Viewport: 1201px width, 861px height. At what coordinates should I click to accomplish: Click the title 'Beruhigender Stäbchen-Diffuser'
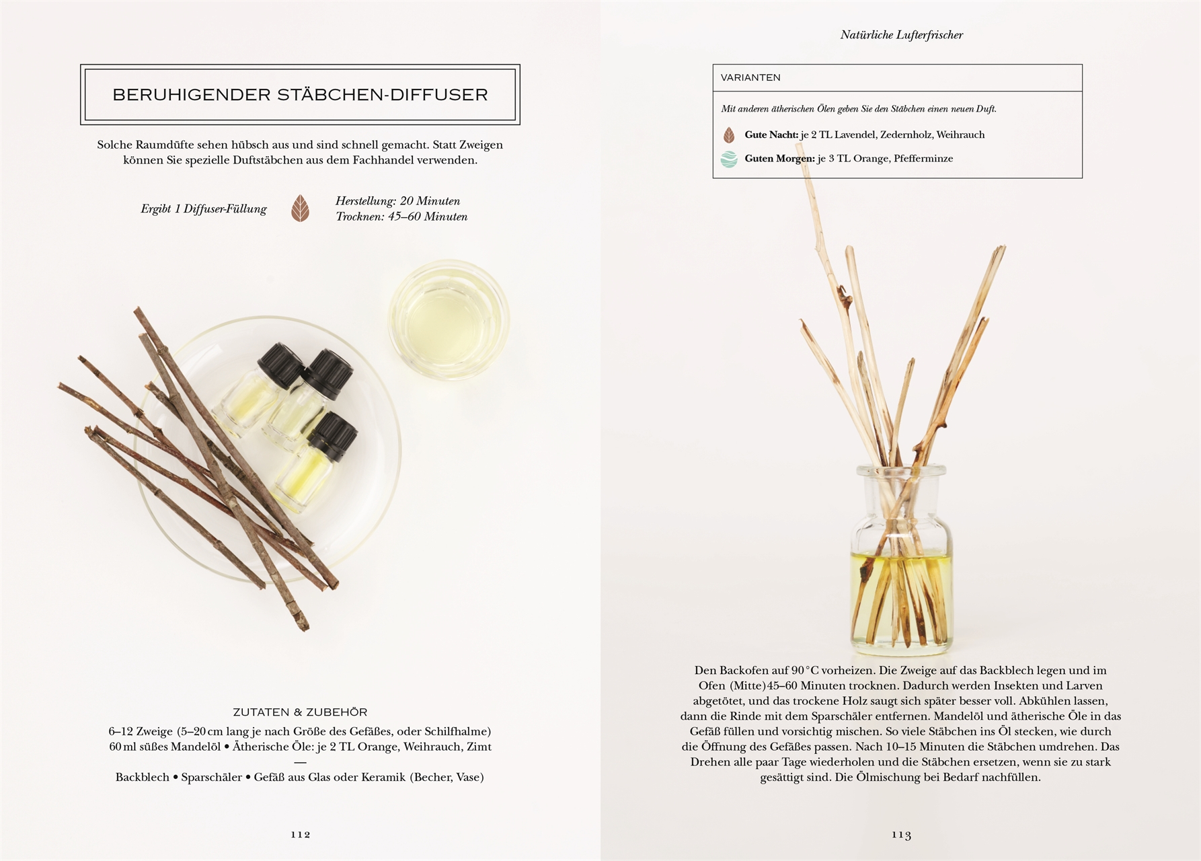point(300,95)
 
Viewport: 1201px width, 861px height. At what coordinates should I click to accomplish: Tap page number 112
point(301,834)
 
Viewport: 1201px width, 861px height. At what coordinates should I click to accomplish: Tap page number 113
point(902,835)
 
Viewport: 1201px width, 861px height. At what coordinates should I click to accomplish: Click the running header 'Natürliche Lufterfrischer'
point(901,35)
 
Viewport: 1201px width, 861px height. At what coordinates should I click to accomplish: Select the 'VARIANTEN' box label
point(750,77)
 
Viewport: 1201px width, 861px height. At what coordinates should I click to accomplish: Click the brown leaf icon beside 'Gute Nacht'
point(729,135)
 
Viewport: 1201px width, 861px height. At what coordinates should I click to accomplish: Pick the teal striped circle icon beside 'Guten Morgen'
point(729,159)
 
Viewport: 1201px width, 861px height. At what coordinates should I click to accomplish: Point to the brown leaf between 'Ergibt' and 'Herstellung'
point(301,209)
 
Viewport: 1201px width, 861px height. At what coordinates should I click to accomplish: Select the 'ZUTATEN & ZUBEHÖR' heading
point(300,712)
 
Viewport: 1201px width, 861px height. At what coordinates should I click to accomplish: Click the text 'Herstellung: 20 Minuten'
point(398,201)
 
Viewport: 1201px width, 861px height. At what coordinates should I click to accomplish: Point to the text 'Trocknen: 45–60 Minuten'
point(401,217)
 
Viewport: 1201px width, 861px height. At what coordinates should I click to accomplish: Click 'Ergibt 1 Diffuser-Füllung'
point(204,209)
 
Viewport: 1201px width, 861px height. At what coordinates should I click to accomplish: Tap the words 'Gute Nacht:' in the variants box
point(771,135)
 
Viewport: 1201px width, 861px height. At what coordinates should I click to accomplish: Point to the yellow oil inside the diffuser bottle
point(901,595)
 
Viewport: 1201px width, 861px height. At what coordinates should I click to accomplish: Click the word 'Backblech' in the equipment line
point(143,778)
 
